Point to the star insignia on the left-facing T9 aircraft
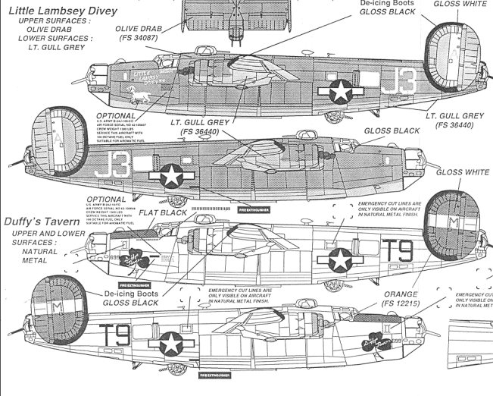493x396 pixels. pos(339,260)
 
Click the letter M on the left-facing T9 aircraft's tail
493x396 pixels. pos(454,222)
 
